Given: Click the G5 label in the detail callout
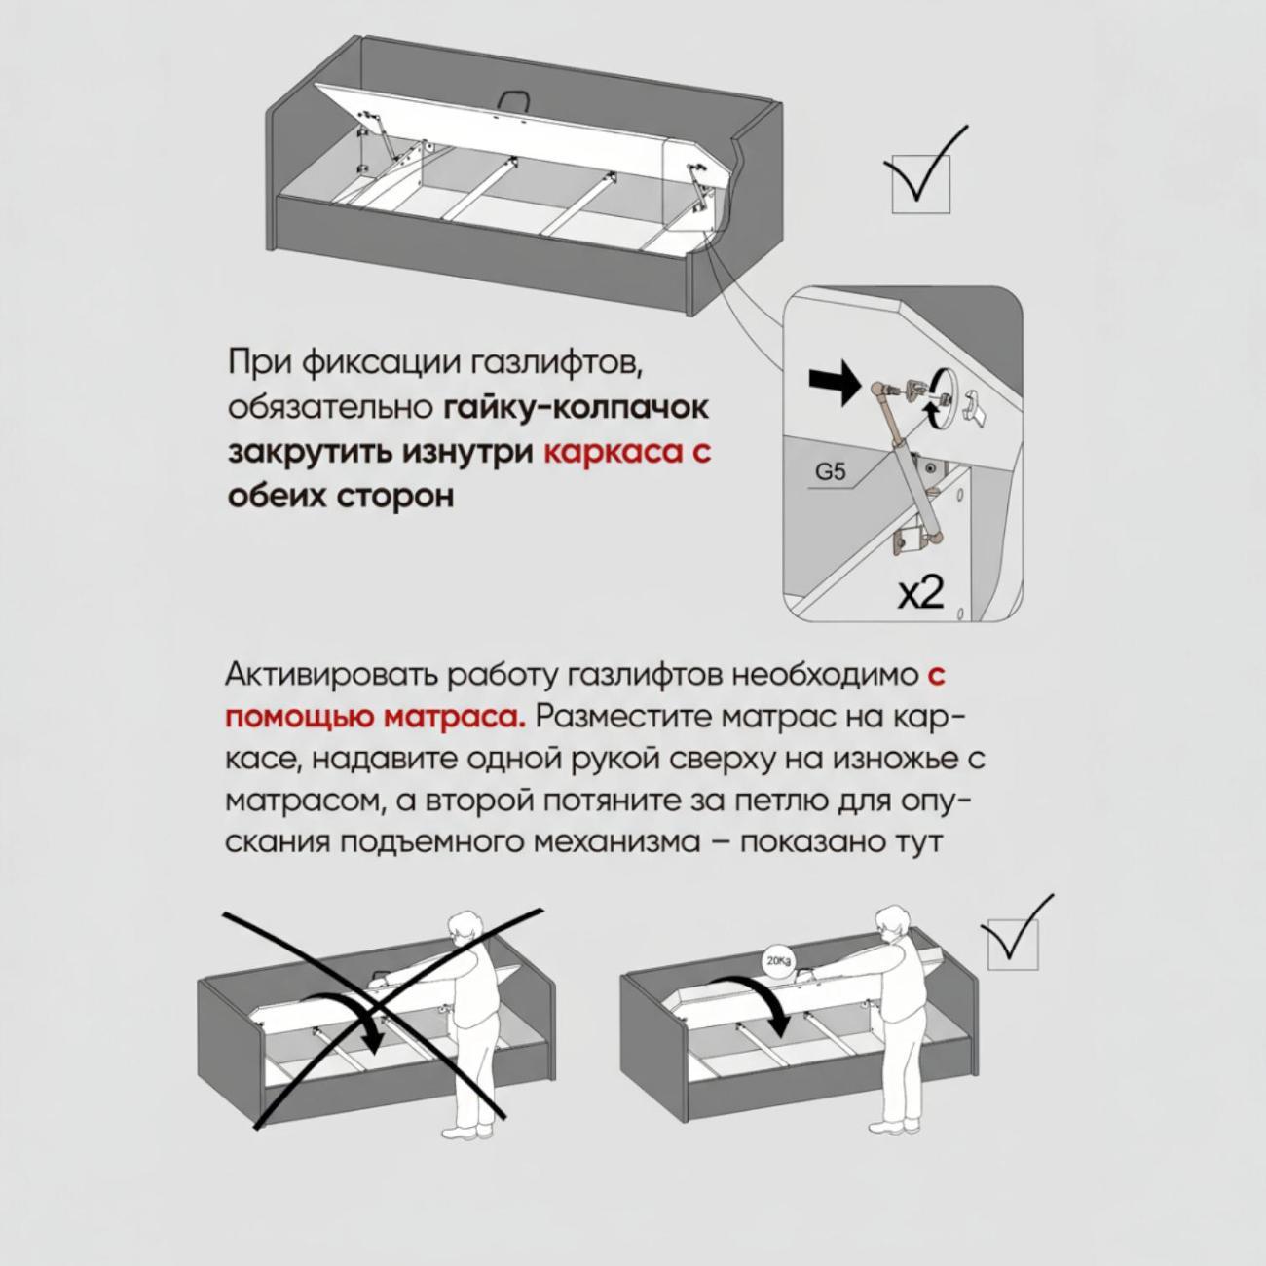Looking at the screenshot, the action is click(x=831, y=471).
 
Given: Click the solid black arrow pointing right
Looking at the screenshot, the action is click(x=833, y=387).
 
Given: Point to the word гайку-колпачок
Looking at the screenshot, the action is click(x=577, y=408).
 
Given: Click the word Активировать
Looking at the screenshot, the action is click(x=332, y=676).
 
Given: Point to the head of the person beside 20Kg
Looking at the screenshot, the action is click(x=891, y=922).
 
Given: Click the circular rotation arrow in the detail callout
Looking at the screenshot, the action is click(x=940, y=401).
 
